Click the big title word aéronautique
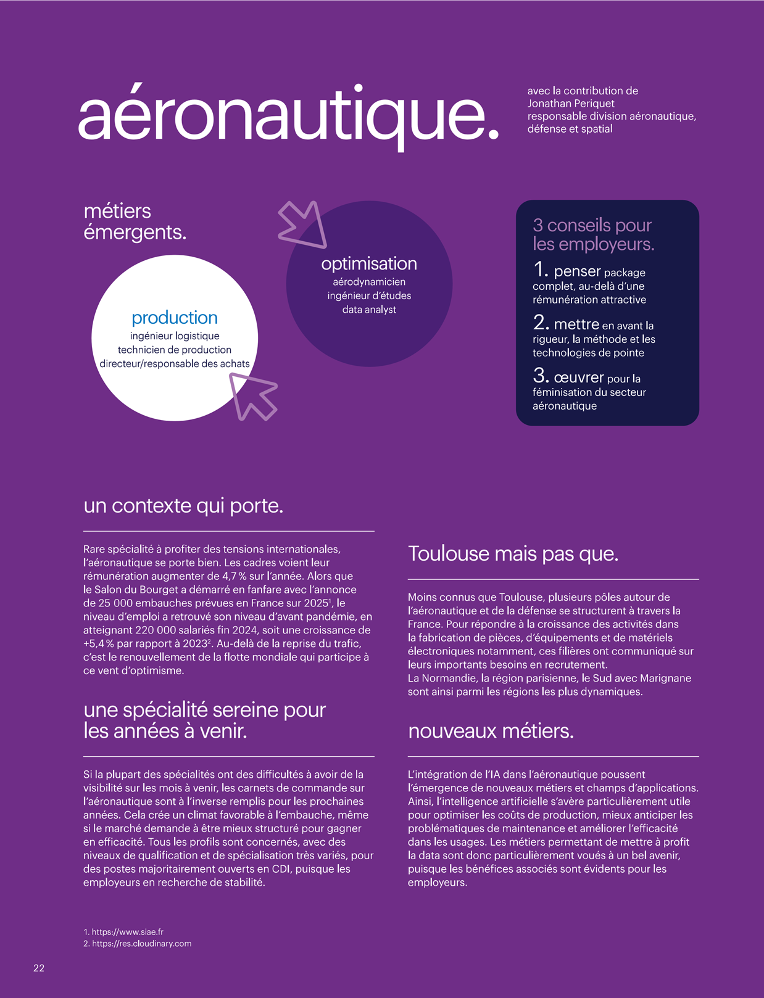[288, 116]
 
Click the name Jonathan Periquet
[570, 104]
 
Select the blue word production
[175, 318]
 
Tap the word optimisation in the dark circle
[369, 264]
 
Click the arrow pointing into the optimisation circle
[302, 223]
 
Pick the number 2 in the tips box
[541, 323]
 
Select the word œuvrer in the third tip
[578, 377]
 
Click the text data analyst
[369, 310]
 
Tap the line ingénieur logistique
[175, 336]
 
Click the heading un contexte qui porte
[183, 506]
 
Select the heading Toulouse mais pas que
[513, 554]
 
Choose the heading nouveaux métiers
[491, 731]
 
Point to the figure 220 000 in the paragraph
[162, 630]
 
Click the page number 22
[39, 968]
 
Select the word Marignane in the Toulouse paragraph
[665, 678]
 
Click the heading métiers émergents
[135, 222]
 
